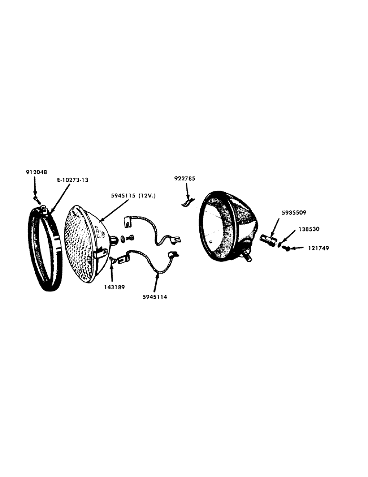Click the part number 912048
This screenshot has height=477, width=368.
pyautogui.click(x=36, y=172)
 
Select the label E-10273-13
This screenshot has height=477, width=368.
pyautogui.click(x=70, y=180)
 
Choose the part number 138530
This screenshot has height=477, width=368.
pyautogui.click(x=308, y=229)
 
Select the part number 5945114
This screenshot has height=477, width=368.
pyautogui.click(x=153, y=296)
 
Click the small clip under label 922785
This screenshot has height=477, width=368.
pyautogui.click(x=188, y=203)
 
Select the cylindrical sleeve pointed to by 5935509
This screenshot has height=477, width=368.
pyautogui.click(x=269, y=239)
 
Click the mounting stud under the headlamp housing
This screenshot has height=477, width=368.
pyautogui.click(x=248, y=256)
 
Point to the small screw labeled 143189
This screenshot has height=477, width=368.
pyautogui.click(x=113, y=260)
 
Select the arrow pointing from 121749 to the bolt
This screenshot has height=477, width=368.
pyautogui.click(x=299, y=249)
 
